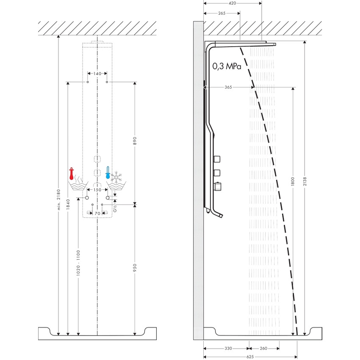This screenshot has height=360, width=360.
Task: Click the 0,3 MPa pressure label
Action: (x=227, y=66)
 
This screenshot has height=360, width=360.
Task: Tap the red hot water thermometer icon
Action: (x=72, y=174)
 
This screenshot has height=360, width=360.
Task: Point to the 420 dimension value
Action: (x=233, y=3)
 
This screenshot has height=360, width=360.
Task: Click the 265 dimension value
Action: (x=222, y=13)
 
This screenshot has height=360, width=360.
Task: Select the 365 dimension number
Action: (x=228, y=87)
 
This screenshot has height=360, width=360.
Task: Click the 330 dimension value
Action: (x=228, y=349)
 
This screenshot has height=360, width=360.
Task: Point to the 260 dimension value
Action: (x=263, y=349)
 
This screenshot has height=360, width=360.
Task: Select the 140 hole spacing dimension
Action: (x=97, y=74)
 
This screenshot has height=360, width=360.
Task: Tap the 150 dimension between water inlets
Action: (x=97, y=190)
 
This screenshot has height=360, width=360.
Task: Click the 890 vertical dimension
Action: (x=134, y=141)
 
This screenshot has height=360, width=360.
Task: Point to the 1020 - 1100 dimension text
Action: (x=78, y=263)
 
